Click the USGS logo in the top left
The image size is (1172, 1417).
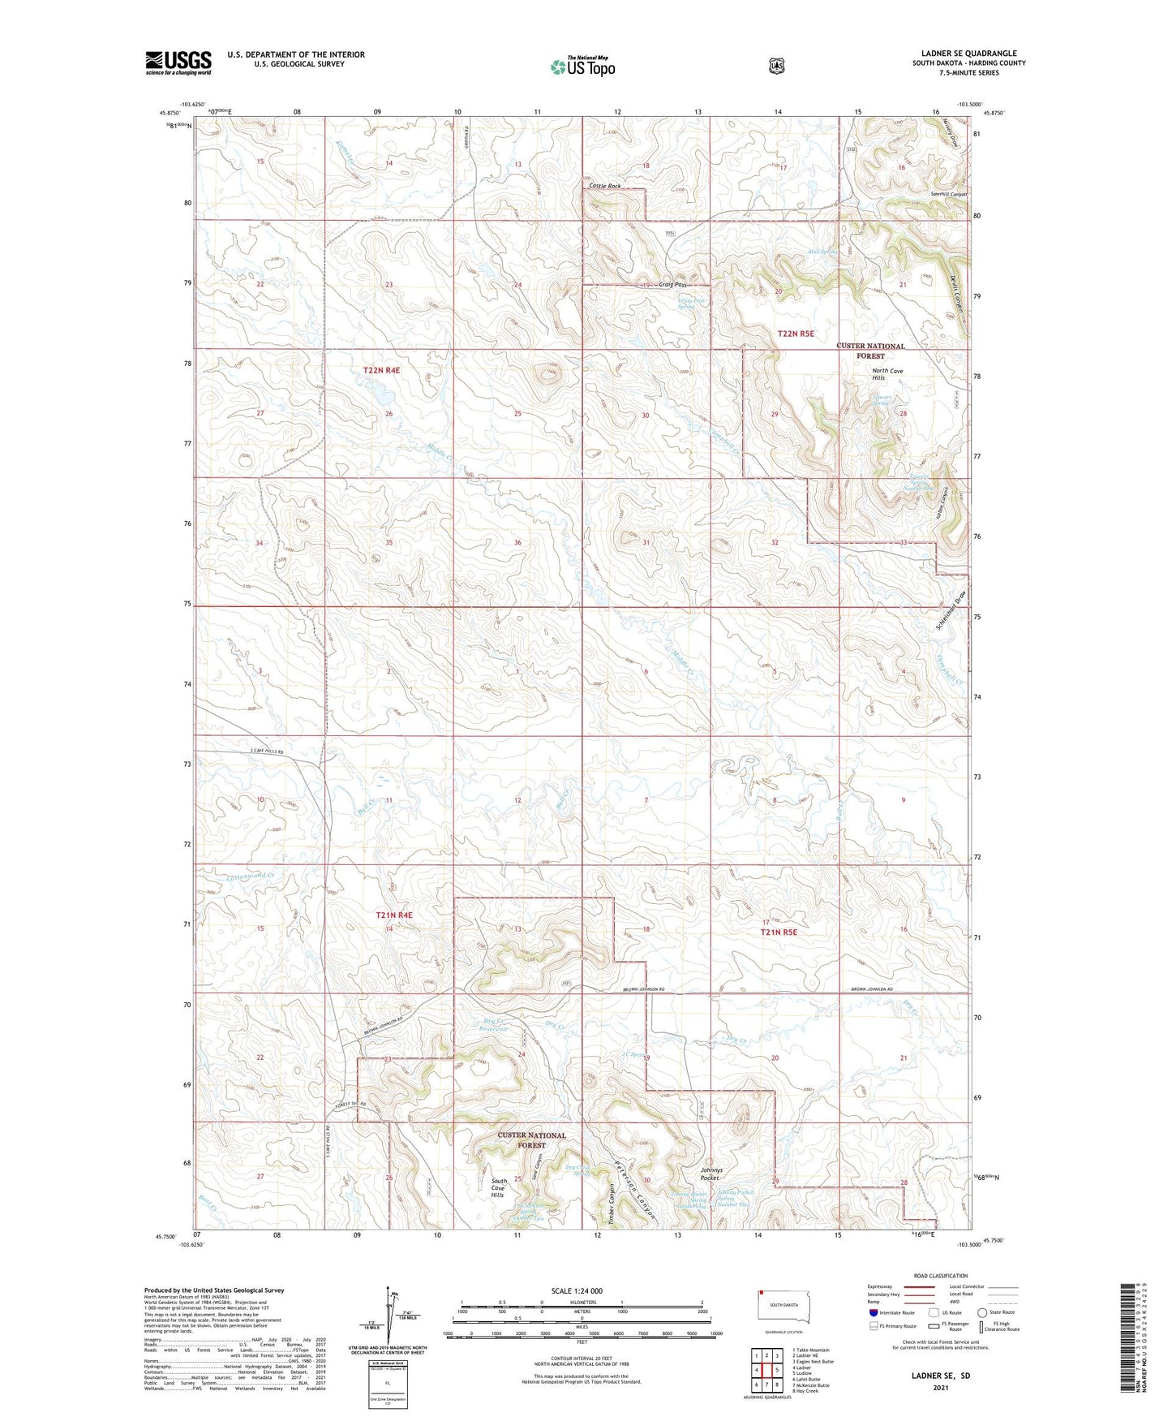point(178,62)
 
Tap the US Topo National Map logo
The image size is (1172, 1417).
point(582,67)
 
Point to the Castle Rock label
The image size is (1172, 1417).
point(605,186)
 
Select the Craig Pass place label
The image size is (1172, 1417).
point(672,285)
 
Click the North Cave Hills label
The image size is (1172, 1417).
point(887,375)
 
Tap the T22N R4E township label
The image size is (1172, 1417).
point(381,370)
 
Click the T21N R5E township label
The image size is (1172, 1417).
point(778,932)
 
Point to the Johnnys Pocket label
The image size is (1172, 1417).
point(710,1174)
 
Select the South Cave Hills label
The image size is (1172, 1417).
point(498,1188)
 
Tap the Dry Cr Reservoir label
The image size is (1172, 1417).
point(492,1025)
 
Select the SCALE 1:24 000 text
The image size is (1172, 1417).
point(577,1290)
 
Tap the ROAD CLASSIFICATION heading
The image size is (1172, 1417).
point(940,1276)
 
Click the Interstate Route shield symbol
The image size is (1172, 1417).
point(873,1312)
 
